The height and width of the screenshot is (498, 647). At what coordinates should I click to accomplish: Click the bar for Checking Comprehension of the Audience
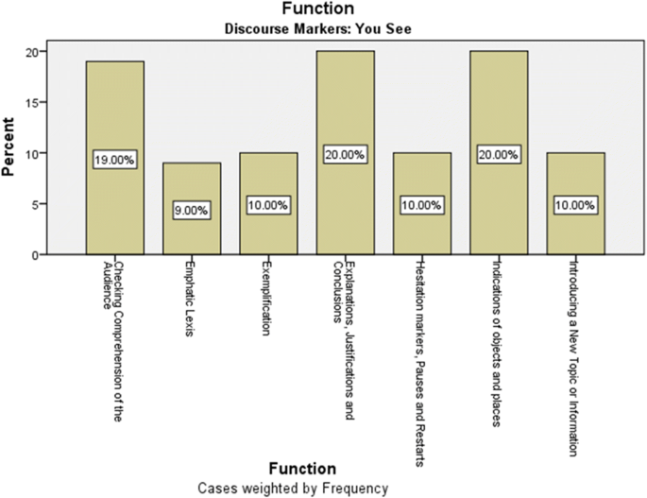[x=114, y=113]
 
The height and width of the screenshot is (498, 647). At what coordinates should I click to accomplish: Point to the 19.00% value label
[x=115, y=161]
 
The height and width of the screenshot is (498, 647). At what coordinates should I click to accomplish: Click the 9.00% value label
[x=192, y=212]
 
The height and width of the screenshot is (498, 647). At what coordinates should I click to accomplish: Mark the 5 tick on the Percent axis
[x=35, y=204]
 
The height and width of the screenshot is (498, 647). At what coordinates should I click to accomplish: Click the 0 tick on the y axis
[x=35, y=255]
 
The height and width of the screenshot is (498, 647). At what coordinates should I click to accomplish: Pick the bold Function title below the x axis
[x=301, y=469]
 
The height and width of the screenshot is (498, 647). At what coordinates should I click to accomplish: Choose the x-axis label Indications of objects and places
[x=498, y=341]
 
